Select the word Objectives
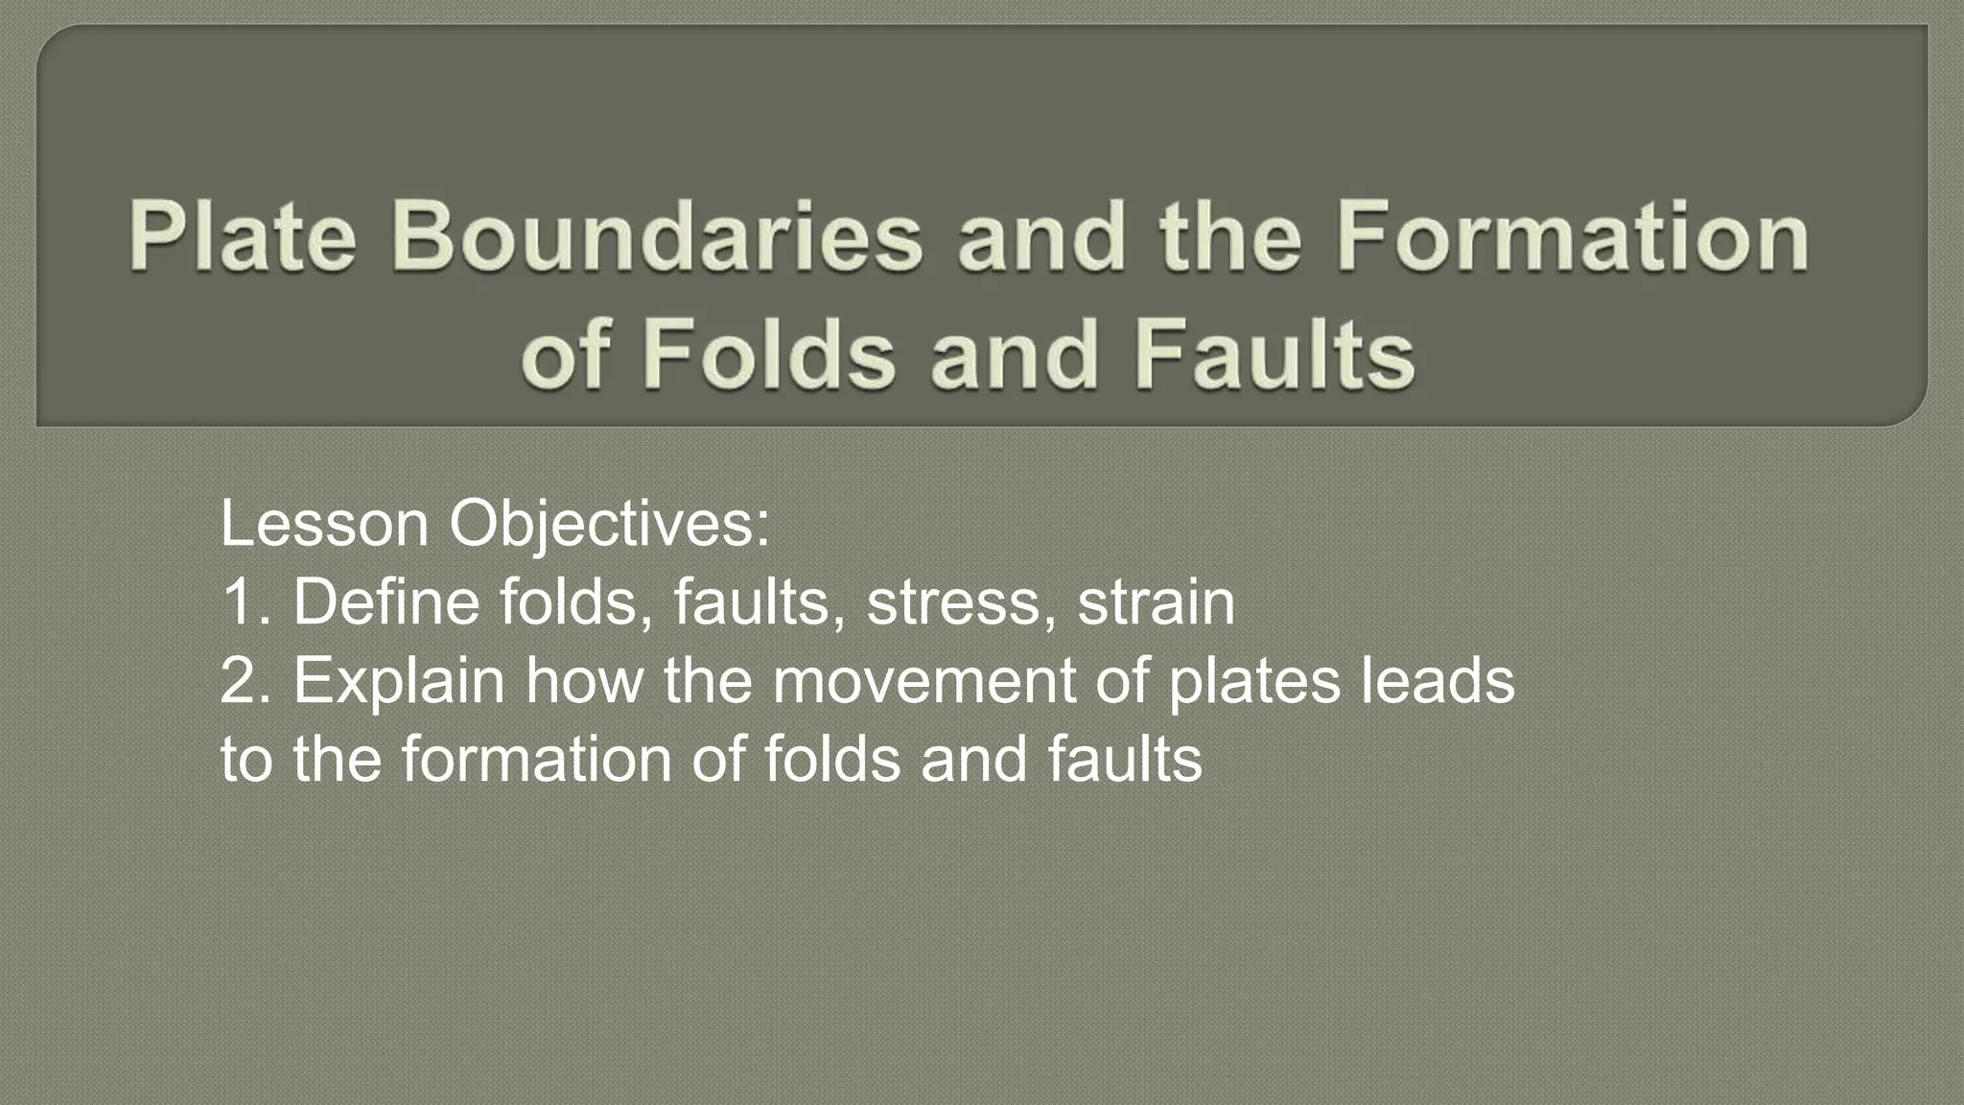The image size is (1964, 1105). tap(609, 526)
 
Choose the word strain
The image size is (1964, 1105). tap(1157, 603)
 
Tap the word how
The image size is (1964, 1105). tap(583, 681)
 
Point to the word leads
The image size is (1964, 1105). tap(1438, 681)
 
